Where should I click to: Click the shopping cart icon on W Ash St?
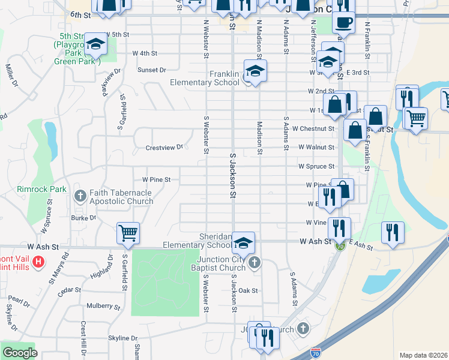128,233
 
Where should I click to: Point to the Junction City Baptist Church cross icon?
255,262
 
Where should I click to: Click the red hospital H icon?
38,262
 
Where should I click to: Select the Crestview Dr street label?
164,148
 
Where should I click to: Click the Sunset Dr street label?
152,70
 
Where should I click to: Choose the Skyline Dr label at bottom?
123,338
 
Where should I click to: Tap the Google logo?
20,353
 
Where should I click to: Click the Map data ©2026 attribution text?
423,355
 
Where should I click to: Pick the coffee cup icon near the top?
343,23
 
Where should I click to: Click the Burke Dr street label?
83,218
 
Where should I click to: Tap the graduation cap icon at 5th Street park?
95,44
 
